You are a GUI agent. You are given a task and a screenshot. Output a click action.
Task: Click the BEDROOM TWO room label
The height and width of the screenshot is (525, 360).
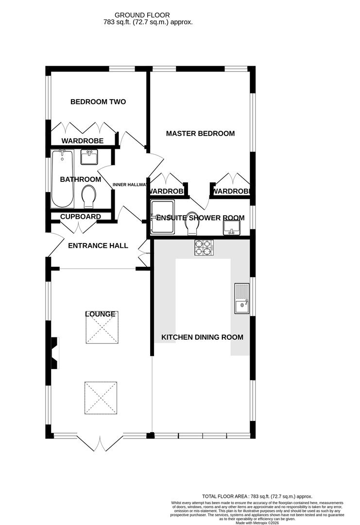click(x=98, y=102)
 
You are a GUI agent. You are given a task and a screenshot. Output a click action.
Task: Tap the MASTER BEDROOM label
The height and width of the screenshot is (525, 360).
click(x=200, y=134)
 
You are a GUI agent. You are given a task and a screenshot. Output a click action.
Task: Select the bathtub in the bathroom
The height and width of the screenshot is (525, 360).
click(x=63, y=178)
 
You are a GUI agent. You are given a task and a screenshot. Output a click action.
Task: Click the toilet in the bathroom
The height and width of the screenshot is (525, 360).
click(x=89, y=195)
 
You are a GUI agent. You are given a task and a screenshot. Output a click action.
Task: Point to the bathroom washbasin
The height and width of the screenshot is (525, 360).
click(x=89, y=157)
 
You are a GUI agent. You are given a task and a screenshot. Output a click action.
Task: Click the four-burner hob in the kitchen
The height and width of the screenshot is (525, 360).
click(x=204, y=247)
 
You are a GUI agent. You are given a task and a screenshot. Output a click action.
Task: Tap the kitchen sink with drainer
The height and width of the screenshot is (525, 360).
click(x=241, y=299)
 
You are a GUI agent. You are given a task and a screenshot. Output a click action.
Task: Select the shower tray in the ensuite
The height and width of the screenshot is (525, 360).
click(x=165, y=217)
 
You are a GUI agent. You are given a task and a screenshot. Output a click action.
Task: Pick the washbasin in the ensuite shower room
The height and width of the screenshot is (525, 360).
click(x=233, y=227)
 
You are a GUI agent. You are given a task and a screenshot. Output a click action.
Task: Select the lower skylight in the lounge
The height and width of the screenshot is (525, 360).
click(x=101, y=398)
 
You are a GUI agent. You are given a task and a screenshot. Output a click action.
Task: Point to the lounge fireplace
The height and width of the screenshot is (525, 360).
click(x=54, y=354)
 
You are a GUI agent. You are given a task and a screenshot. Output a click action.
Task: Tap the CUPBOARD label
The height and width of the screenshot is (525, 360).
click(x=81, y=217)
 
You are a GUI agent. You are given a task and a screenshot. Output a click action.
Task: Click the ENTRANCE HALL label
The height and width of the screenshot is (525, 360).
click(x=98, y=246)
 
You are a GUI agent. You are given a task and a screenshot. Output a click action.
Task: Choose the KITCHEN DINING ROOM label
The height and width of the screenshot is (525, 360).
click(x=202, y=337)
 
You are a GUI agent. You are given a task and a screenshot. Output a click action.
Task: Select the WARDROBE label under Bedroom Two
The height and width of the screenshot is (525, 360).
click(x=82, y=141)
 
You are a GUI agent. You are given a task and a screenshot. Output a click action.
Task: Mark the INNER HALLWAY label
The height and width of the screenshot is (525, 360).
click(x=129, y=185)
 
